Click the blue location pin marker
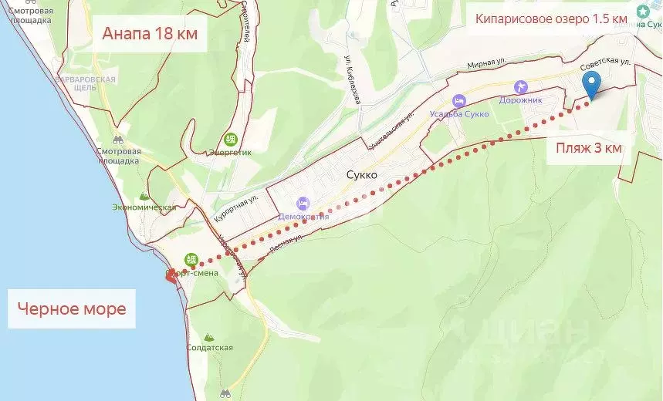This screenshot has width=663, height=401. [591, 84]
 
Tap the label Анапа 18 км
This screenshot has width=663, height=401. [150, 35]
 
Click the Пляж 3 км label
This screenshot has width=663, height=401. [588, 148]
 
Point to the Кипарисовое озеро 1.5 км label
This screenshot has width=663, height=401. [550, 19]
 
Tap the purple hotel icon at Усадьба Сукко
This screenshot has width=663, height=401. [459, 101]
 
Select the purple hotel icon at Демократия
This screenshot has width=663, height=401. [303, 203]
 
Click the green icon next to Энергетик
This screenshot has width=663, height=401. [230, 139]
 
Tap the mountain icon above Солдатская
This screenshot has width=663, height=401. [209, 337]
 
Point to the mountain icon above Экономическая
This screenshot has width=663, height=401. [144, 196]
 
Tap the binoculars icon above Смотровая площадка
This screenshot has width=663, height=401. [118, 141]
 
